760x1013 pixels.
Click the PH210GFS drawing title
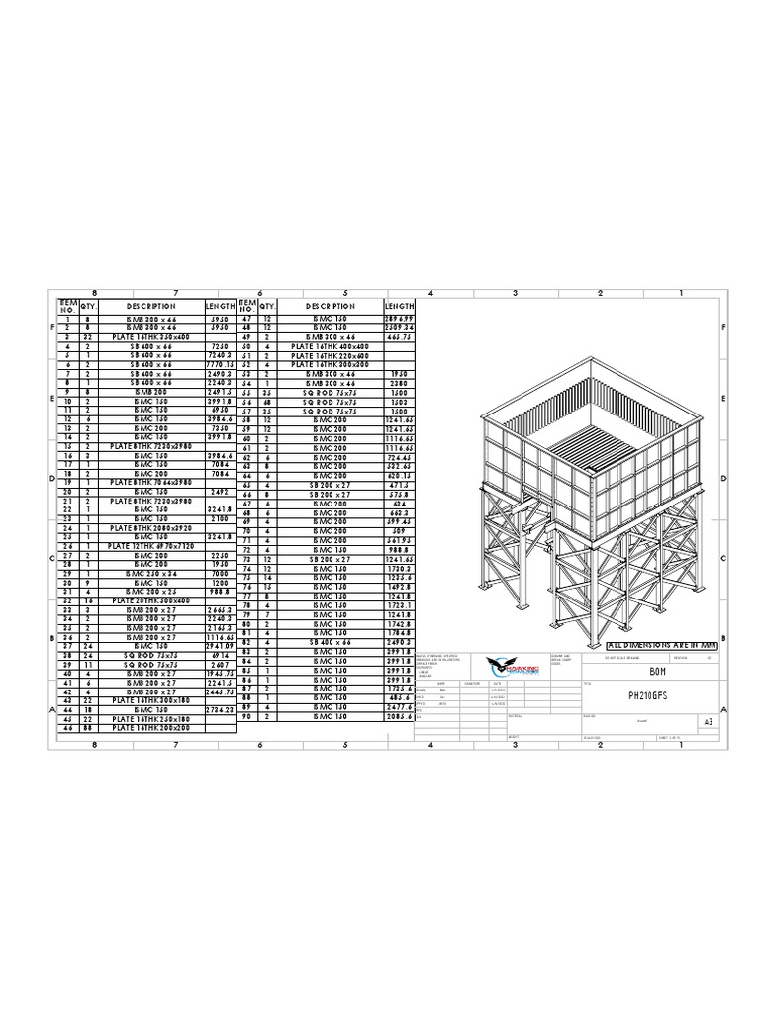click(x=648, y=696)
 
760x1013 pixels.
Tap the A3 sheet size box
click(x=708, y=722)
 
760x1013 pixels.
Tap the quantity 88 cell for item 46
click(x=87, y=728)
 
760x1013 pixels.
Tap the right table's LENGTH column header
click(x=399, y=307)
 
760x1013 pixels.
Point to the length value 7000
click(x=220, y=574)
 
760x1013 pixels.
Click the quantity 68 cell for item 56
click(x=267, y=403)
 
